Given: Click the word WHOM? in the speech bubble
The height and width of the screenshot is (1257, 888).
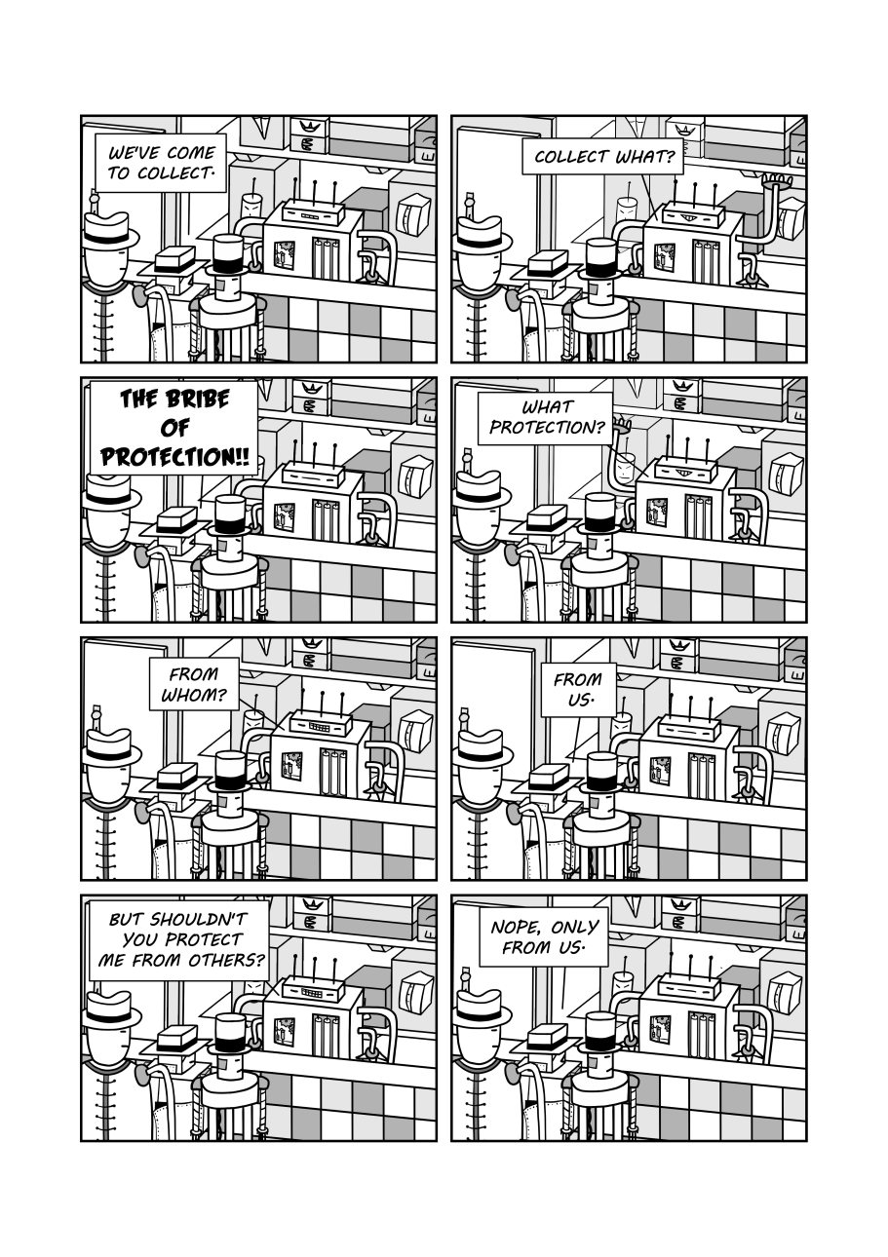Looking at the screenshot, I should [x=193, y=697].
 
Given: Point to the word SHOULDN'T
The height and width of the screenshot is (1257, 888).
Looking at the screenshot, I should [x=199, y=918].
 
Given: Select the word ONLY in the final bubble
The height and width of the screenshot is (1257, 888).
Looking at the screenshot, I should [x=575, y=927].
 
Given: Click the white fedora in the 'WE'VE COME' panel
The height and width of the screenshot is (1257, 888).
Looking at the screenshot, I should [x=109, y=232].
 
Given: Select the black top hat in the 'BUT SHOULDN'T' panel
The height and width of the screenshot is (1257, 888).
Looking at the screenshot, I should [x=229, y=1031].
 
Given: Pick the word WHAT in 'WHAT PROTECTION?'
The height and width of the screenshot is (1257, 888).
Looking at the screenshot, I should [x=548, y=406].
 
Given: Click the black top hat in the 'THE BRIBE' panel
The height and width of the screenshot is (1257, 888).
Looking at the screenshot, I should [x=229, y=513].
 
